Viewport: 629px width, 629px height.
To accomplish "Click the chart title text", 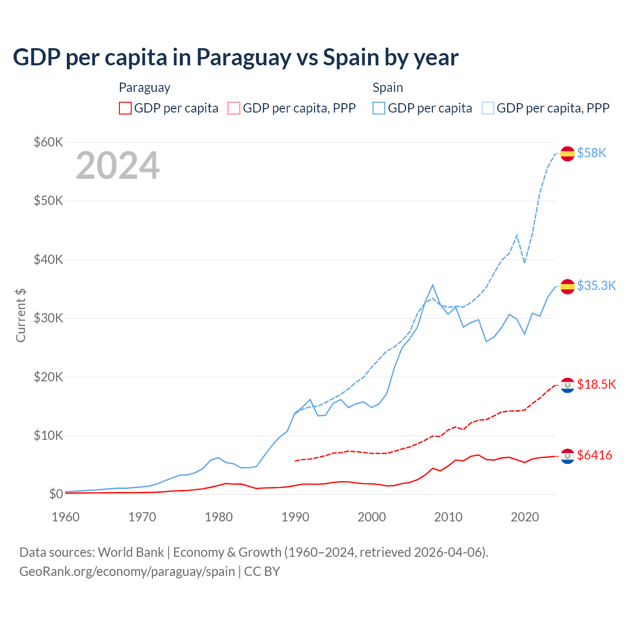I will click(x=235, y=57).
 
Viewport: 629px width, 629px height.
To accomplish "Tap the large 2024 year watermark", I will click(x=117, y=166).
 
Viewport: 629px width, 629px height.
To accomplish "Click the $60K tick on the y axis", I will click(x=48, y=143).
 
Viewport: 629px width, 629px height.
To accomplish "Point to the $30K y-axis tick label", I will click(x=48, y=318).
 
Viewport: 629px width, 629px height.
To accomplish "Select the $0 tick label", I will click(x=56, y=494).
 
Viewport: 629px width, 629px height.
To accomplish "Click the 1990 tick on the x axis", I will click(x=295, y=517).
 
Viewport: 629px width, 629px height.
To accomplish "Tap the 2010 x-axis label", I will click(x=448, y=517).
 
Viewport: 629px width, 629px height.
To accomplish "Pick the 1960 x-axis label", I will click(x=66, y=517).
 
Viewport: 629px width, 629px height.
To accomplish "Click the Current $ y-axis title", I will click(x=21, y=315).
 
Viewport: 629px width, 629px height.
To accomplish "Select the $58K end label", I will click(x=592, y=153).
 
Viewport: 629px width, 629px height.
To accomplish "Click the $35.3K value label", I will click(x=596, y=286).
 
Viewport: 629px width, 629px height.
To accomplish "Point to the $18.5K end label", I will click(x=596, y=384).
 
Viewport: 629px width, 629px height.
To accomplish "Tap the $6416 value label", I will click(x=595, y=456).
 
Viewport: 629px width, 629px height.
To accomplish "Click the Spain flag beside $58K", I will click(x=568, y=153).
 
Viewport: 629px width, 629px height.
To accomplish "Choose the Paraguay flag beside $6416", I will click(x=568, y=456).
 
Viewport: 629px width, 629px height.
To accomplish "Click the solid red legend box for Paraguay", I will click(x=125, y=108).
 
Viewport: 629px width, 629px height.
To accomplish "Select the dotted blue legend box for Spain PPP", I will click(x=488, y=108).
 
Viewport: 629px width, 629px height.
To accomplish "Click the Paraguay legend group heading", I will click(x=144, y=87).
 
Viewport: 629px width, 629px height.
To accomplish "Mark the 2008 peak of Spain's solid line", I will click(x=432, y=285).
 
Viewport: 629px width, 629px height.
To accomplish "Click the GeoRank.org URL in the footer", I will click(x=127, y=572).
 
